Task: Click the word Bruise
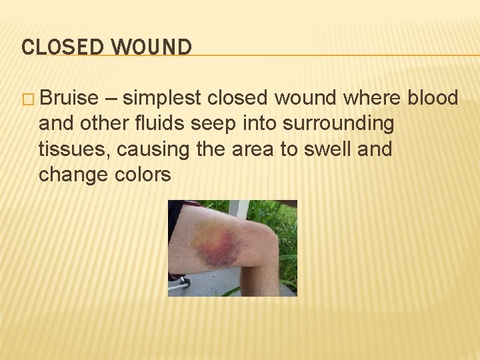point(68,99)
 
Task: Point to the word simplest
point(162,99)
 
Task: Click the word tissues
point(73,149)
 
